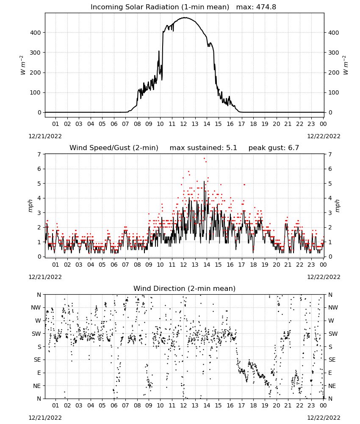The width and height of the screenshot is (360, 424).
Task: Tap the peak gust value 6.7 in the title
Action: tap(294, 148)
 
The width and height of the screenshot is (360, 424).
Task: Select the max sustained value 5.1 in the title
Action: tap(231, 148)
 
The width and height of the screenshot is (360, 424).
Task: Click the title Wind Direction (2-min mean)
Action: tap(185, 288)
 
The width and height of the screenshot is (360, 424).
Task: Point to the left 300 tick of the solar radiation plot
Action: tap(35, 53)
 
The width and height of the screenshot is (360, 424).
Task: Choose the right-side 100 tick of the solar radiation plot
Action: tap(334, 92)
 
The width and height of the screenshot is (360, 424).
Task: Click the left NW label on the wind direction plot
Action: tap(36, 308)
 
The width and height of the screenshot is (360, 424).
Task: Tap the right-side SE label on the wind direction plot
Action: tap(332, 360)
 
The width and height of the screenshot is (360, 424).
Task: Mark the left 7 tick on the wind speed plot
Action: tap(39, 154)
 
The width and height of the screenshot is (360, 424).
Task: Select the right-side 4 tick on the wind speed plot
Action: tap(330, 198)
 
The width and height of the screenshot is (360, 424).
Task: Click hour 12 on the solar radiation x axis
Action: tap(183, 124)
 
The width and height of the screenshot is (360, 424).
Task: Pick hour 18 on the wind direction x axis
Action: tap(253, 405)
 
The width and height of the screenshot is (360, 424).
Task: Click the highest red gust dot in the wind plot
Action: tap(204, 158)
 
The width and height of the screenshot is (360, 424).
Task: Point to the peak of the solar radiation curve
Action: tap(185, 17)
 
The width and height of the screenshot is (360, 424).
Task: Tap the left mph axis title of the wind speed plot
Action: tap(30, 206)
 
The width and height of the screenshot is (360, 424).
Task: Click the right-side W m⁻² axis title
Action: tap(346, 65)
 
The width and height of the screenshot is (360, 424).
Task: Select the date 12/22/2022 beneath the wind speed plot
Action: tap(324, 277)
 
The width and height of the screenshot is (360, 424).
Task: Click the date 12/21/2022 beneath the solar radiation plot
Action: tap(45, 136)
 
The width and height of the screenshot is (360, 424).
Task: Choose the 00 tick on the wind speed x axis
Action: tap(323, 265)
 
